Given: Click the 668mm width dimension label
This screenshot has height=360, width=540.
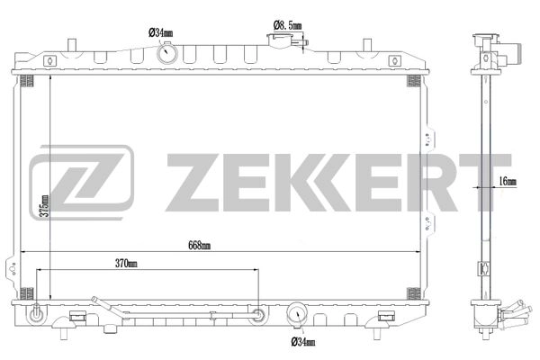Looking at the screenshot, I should pos(200,245).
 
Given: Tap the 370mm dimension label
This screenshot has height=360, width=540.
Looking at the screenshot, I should pos(127,264).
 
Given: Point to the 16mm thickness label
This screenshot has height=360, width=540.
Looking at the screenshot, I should pos(508,182).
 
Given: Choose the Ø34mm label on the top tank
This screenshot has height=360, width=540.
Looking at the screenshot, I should pos(161,33).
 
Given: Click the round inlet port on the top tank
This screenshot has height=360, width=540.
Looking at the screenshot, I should pos(167,53).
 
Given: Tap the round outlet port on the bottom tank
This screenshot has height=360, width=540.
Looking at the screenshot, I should pos(297,316).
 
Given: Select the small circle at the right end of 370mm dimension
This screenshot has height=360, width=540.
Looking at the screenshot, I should pos(258,315).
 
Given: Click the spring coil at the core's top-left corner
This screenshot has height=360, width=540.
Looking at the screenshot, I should pos(26,81).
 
